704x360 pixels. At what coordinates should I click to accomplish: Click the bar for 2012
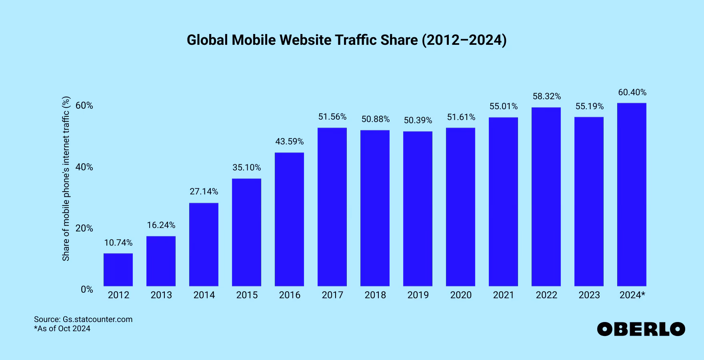pos(118,270)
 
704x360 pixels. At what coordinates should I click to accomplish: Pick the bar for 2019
pos(418,208)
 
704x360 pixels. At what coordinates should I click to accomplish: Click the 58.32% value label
pos(546,96)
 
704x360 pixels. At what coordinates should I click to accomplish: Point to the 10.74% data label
pos(118,243)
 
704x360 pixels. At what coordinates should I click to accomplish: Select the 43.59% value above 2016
pos(289,142)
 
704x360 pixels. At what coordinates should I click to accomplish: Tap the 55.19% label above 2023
pos(589,106)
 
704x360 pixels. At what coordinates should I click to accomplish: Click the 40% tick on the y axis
pos(84,167)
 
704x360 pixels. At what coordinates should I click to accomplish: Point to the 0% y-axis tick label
pos(87,290)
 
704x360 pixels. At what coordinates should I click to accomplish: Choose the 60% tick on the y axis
pos(84,106)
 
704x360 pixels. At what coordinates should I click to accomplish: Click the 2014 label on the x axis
pos(204,295)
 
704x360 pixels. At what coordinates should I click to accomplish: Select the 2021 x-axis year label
pos(503,295)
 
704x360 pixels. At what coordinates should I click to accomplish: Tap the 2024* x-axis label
pos(632,295)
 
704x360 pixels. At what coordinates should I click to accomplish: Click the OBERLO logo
pos(641,329)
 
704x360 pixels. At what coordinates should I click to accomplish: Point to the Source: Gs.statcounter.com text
pos(83,319)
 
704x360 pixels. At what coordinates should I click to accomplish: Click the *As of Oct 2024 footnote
pos(62,329)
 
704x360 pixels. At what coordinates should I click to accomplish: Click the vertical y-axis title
pos(66,179)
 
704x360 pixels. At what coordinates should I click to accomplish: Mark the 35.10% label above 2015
pos(246,168)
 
